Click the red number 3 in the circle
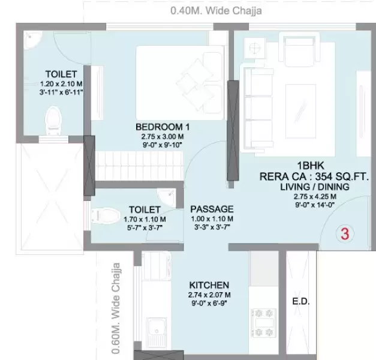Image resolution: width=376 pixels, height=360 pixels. tap(345, 234)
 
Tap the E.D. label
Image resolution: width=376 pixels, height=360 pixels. tap(301, 302)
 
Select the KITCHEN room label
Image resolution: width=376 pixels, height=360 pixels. tap(209, 285)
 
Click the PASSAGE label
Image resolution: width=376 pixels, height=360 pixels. tap(212, 209)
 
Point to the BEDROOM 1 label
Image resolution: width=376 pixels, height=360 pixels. tap(163, 127)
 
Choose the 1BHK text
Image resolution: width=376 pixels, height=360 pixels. tap(308, 166)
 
